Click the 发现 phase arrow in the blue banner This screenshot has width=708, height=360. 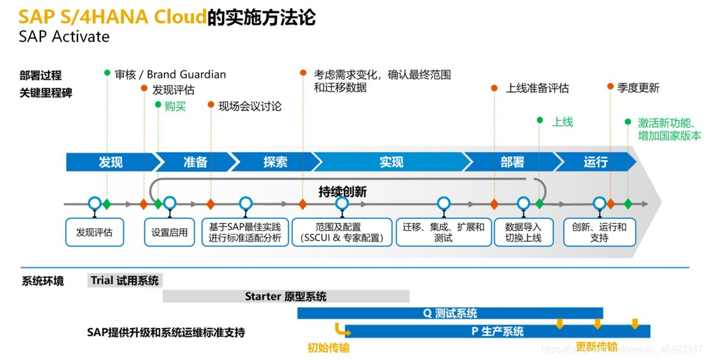pyautogui.click(x=110, y=162)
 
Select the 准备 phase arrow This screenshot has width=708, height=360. pyautogui.click(x=195, y=162)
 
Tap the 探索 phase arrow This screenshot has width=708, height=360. pyautogui.click(x=274, y=162)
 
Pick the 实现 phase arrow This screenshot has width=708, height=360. pyautogui.click(x=391, y=162)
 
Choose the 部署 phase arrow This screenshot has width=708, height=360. pyautogui.click(x=512, y=162)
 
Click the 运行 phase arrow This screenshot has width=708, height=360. pyautogui.click(x=595, y=162)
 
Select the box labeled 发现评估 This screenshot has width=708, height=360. pyautogui.click(x=94, y=232)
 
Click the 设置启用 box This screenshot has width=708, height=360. pyautogui.click(x=169, y=232)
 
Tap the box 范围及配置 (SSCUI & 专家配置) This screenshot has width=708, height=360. pyautogui.click(x=342, y=232)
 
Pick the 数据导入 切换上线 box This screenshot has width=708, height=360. pyautogui.click(x=523, y=232)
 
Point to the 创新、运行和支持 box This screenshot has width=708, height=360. pyautogui.click(x=599, y=232)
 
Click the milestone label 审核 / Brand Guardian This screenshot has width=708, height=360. pyautogui.click(x=170, y=74)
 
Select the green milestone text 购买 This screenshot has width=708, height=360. pyautogui.click(x=175, y=106)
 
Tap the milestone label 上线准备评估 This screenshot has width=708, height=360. pyautogui.click(x=537, y=88)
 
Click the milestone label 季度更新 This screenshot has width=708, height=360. pyautogui.click(x=638, y=88)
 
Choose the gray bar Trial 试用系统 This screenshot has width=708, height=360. pyautogui.click(x=125, y=280)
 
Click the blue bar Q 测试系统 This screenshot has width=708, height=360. pyautogui.click(x=450, y=313)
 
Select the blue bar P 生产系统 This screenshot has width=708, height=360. pyautogui.click(x=498, y=331)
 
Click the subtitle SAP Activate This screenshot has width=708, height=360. pyautogui.click(x=64, y=36)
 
